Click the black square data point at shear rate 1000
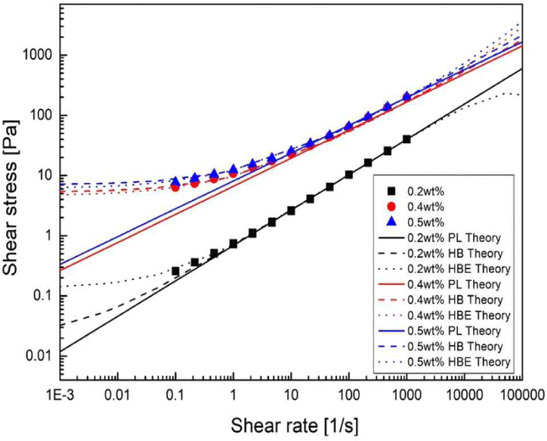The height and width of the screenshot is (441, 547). [407, 139]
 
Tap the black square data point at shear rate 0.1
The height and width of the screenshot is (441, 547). [176, 271]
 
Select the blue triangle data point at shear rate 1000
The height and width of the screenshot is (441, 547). [407, 96]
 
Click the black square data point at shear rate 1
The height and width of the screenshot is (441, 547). [233, 244]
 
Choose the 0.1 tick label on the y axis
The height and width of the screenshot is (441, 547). [39, 296]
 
